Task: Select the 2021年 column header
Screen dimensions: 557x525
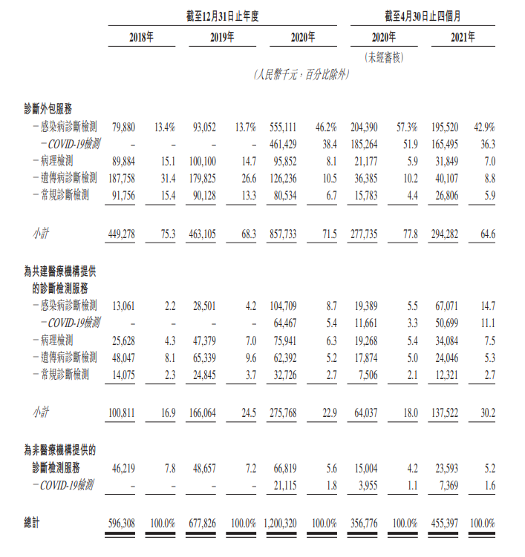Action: [463, 36]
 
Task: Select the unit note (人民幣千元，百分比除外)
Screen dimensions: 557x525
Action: [301, 74]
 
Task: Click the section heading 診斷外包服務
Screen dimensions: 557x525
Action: [53, 108]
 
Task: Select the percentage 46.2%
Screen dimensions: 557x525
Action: [327, 128]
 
